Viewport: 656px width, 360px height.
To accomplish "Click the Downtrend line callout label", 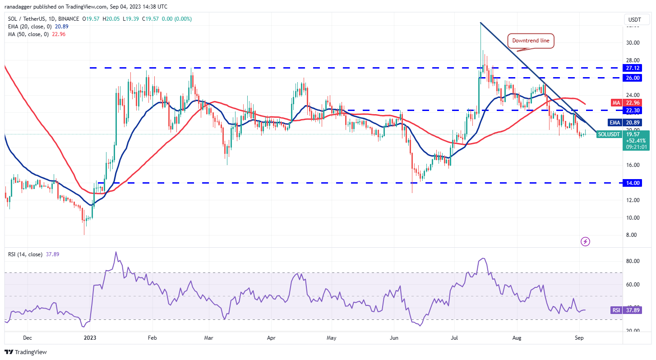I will [531, 41].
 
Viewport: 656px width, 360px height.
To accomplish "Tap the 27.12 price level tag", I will [633, 68].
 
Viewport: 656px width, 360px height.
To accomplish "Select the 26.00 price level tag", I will [633, 78].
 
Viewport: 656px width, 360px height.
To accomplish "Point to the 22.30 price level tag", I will [633, 110].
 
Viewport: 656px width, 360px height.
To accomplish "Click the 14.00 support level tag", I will [633, 183].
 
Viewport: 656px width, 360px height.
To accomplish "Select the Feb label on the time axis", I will [152, 337].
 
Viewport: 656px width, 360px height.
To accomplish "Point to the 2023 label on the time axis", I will [90, 337].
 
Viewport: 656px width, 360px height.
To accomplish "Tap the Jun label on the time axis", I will [394, 337].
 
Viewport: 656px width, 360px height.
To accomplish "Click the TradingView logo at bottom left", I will [26, 352].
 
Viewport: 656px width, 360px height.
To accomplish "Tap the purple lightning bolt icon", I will [585, 242].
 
